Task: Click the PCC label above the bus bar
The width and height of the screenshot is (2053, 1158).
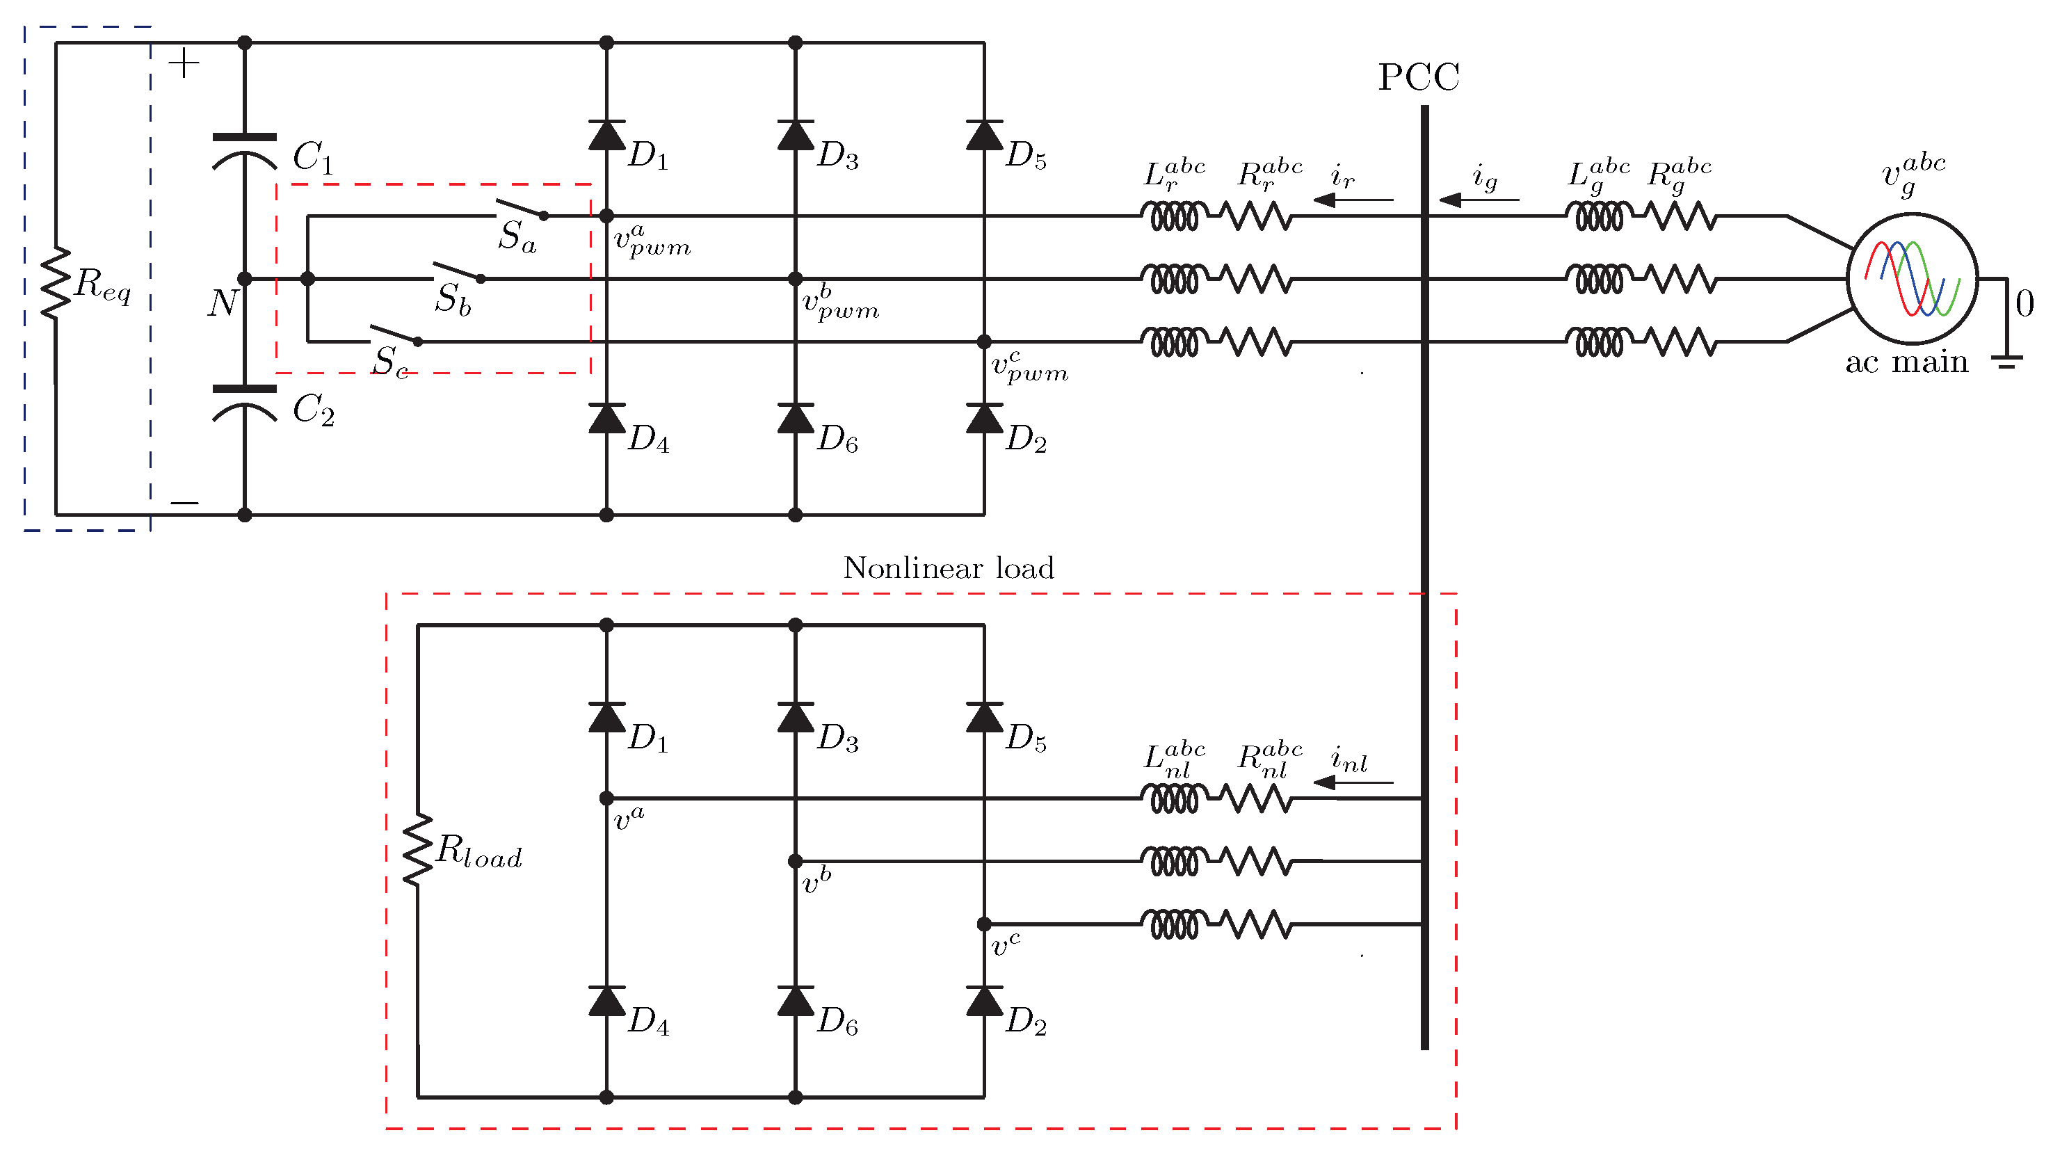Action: (1419, 77)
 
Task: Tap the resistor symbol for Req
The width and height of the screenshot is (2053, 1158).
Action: (56, 283)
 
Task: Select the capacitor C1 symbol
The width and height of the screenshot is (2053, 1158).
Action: (245, 152)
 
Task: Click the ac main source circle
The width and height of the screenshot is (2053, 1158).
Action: (1912, 278)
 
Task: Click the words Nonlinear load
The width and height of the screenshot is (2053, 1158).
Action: (949, 568)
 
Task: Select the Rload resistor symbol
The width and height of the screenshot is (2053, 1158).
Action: (417, 850)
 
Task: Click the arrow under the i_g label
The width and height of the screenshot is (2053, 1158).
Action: (1479, 199)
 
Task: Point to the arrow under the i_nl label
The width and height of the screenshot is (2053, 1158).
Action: (1353, 782)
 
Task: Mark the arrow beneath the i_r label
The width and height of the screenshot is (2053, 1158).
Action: (1353, 199)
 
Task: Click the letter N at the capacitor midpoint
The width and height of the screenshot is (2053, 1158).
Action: (223, 303)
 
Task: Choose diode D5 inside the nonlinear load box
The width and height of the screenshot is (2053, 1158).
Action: (984, 717)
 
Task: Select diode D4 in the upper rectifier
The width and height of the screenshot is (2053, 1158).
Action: (606, 419)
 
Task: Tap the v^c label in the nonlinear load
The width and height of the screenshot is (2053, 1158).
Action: (1005, 944)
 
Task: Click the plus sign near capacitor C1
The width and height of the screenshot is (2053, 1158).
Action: (184, 64)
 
